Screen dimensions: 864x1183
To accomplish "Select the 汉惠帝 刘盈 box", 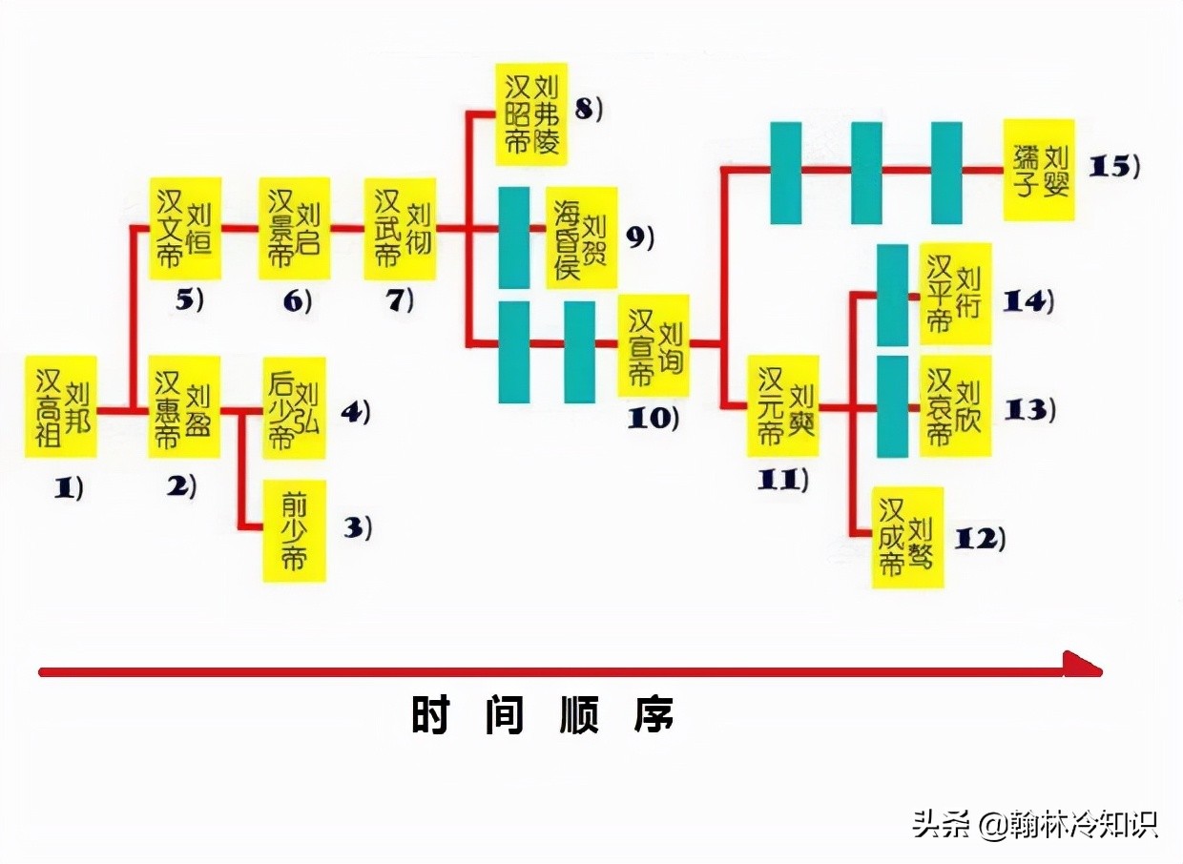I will pos(185,406).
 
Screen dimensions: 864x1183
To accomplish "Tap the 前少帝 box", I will pos(294,532).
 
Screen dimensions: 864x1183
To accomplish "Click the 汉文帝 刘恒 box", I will pos(185,229).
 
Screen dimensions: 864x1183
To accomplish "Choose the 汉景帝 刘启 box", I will pos(294,229).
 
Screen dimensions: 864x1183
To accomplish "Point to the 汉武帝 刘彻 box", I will pos(400,229).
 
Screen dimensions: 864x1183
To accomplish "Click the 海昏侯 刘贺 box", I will pos(581,237).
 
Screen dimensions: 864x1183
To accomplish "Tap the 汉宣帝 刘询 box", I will pos(653,345).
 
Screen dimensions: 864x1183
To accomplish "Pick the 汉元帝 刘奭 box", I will pos(783,406).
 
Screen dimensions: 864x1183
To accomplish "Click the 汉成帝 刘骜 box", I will pos(908,537).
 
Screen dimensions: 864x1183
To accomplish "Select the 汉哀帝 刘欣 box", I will pos(955,406).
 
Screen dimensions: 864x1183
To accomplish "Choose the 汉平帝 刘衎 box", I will pos(955,294).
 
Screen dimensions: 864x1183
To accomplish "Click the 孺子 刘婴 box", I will pos(1039,171).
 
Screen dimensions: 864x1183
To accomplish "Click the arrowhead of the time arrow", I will pos(1083,666).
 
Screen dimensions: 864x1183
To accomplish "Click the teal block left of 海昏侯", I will pos(514,237).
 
